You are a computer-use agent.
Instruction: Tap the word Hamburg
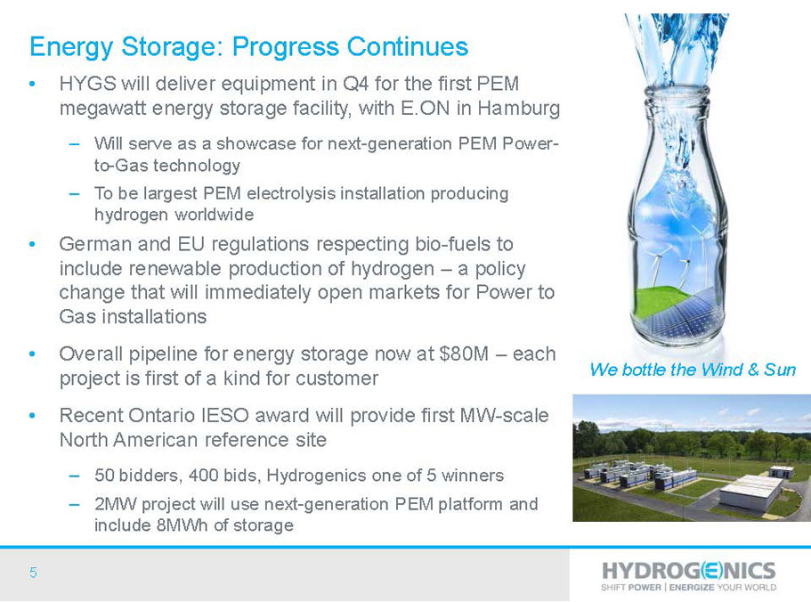click(x=519, y=109)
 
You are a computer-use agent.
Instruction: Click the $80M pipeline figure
click(x=464, y=354)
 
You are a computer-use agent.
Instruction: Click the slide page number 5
click(x=33, y=573)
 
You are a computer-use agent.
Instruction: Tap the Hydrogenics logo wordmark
click(x=689, y=571)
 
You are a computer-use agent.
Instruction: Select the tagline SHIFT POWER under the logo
click(x=631, y=588)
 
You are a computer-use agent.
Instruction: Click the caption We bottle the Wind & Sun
click(x=693, y=370)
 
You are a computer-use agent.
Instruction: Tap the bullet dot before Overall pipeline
click(x=33, y=354)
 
